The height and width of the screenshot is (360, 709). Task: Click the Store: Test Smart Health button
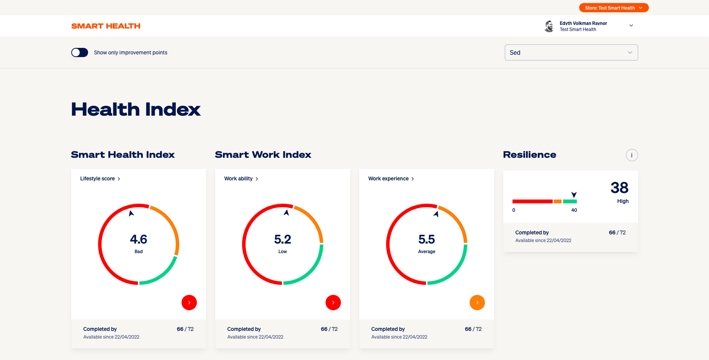pos(613,8)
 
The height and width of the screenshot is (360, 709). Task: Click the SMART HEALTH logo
pos(106,26)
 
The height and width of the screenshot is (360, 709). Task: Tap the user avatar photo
pos(549,26)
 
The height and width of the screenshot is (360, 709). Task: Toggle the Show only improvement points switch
pos(80,52)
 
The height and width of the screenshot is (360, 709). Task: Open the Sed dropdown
pos(571,52)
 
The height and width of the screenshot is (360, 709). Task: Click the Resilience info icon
pos(632,155)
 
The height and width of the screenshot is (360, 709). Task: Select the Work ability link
pos(241,179)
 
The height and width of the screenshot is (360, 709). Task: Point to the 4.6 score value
pos(139,240)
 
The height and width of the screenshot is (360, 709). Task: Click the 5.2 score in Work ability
pos(283,240)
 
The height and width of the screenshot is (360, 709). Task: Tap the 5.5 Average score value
pos(427,240)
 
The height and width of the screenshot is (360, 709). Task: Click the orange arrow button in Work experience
pos(477,303)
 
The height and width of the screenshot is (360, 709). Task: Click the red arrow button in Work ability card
pos(333,303)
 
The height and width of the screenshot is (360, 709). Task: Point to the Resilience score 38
pos(619,188)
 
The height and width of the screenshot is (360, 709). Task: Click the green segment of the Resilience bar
pos(570,201)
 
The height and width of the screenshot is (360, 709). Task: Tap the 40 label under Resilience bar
pos(574,210)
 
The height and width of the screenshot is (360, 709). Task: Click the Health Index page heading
pos(136,110)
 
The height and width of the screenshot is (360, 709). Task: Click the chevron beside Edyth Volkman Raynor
pos(631,26)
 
